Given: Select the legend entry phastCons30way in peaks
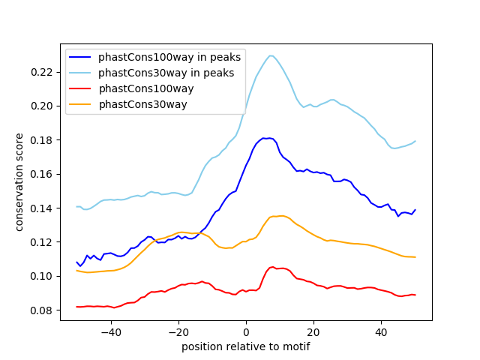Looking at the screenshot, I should tap(166, 73).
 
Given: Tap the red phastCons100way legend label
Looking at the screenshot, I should tap(146, 88).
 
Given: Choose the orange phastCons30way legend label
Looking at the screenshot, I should tap(142, 104).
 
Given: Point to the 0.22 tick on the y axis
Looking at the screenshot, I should tap(43, 72).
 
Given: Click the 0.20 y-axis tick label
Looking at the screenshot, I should tap(43, 106).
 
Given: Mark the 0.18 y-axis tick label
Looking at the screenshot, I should tap(43, 140).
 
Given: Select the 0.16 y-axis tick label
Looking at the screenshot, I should tap(43, 174).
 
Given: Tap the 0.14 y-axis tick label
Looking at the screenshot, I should tap(43, 208).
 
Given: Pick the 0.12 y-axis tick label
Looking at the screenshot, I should tap(43, 242).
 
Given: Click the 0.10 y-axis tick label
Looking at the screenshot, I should tap(43, 276).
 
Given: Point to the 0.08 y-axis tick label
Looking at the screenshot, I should tap(43, 310).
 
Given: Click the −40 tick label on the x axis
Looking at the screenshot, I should tap(110, 331).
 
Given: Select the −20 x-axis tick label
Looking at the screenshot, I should tap(178, 331).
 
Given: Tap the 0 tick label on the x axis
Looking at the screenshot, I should tap(246, 331).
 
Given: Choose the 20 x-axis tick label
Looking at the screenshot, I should tap(313, 331).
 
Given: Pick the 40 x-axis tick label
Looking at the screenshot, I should tap(381, 331).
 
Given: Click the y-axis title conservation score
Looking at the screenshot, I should tap(20, 182).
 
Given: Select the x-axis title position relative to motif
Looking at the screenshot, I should tap(246, 346).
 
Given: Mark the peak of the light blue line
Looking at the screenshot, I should tap(271, 55).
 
